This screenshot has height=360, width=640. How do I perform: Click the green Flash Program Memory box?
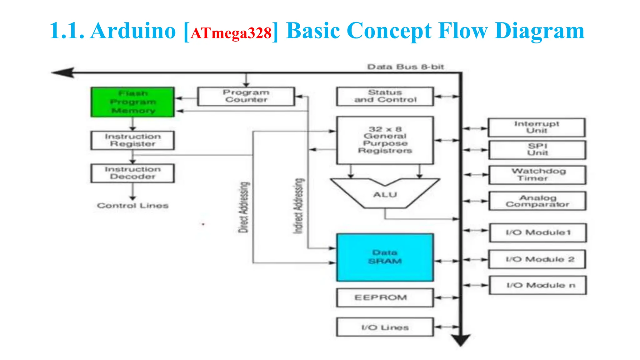coord(132,102)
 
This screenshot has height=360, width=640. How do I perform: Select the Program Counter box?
coord(246,96)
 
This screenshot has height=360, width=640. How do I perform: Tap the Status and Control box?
coord(385,96)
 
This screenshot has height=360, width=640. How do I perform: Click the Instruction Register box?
coord(132,140)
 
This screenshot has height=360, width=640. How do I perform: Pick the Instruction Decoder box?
coord(132,173)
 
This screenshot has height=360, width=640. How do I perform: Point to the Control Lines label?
coord(132,206)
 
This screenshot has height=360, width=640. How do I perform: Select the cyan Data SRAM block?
coord(385,257)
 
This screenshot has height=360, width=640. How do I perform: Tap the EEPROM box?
coord(385,297)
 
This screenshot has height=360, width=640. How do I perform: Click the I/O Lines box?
coord(385,327)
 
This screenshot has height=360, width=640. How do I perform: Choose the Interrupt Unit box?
coord(536,127)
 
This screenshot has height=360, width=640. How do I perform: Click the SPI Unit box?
coord(537,150)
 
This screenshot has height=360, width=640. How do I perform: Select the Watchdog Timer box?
coord(537,175)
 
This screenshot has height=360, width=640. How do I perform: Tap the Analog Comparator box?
coord(537,201)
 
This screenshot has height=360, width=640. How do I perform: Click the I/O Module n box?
coord(538,285)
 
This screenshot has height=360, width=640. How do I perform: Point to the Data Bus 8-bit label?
coord(405,67)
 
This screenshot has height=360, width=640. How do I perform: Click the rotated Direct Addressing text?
coord(244,207)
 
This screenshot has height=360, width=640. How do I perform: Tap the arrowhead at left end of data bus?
coord(63,72)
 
